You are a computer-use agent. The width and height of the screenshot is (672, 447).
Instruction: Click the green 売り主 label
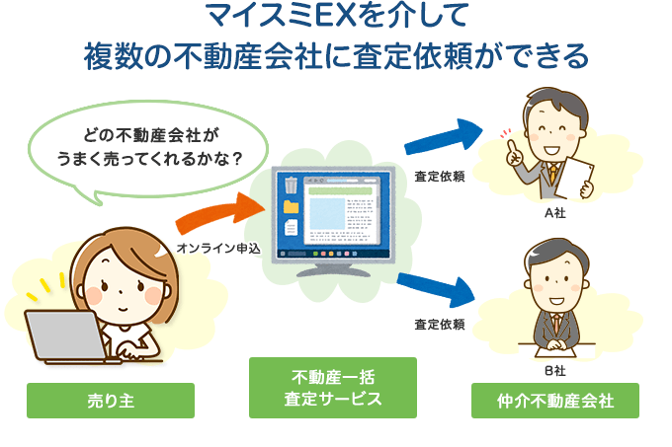(110, 401)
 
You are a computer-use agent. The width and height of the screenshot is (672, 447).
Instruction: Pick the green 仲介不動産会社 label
(554, 401)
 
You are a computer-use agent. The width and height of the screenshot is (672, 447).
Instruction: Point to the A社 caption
(554, 211)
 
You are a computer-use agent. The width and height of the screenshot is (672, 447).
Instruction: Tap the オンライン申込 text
(217, 248)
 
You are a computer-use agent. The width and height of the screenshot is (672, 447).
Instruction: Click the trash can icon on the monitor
(290, 186)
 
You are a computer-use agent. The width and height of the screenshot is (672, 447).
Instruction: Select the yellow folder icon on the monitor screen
(291, 208)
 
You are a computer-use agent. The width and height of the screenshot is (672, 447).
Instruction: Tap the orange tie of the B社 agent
(557, 323)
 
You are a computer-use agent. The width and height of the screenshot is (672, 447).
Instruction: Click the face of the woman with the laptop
(120, 286)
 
